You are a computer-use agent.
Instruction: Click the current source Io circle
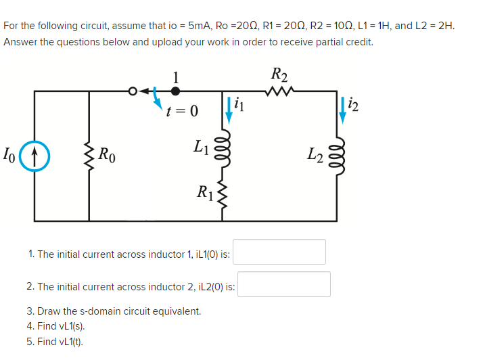[x=34, y=154]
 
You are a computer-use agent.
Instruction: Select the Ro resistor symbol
[x=89, y=154]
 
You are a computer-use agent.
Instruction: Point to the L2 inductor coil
[x=336, y=154]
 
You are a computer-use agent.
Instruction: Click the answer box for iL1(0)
[x=279, y=252]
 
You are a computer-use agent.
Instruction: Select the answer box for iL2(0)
[x=284, y=284]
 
